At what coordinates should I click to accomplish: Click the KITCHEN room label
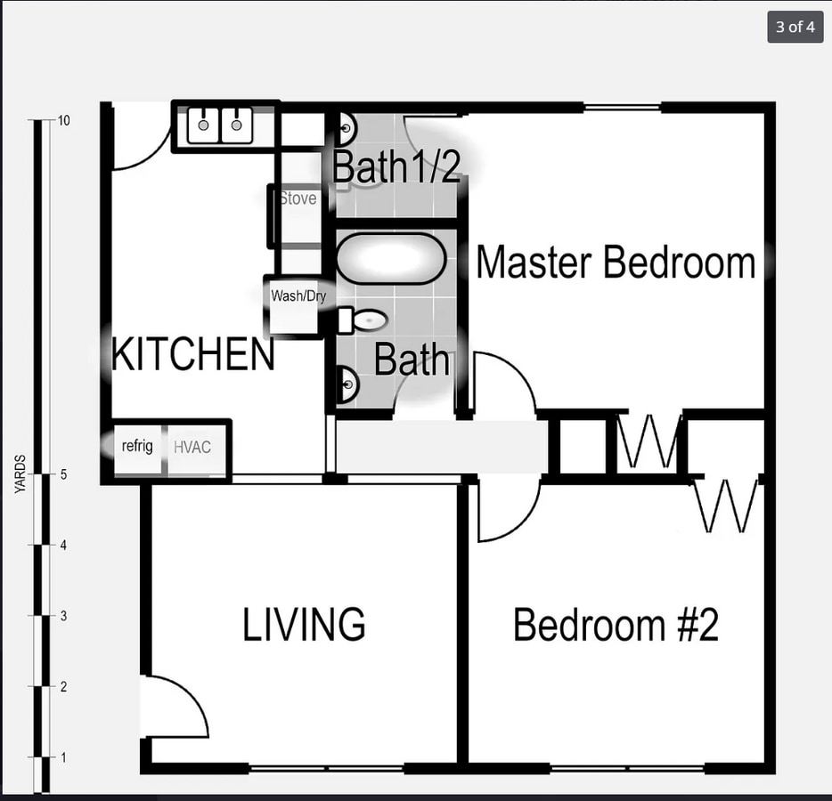(x=193, y=355)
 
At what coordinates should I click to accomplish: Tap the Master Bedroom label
(x=616, y=263)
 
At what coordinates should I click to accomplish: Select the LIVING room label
(x=304, y=625)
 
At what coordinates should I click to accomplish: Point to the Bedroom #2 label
(x=616, y=625)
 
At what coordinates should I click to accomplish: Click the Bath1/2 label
(x=397, y=167)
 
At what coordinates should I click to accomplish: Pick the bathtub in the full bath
(x=390, y=259)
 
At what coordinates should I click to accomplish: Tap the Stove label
(x=298, y=198)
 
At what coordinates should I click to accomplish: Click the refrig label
(x=137, y=446)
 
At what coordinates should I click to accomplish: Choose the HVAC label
(x=192, y=447)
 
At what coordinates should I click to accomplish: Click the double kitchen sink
(x=220, y=125)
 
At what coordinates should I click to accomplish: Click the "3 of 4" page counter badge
(x=795, y=27)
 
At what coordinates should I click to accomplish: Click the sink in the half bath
(x=347, y=131)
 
